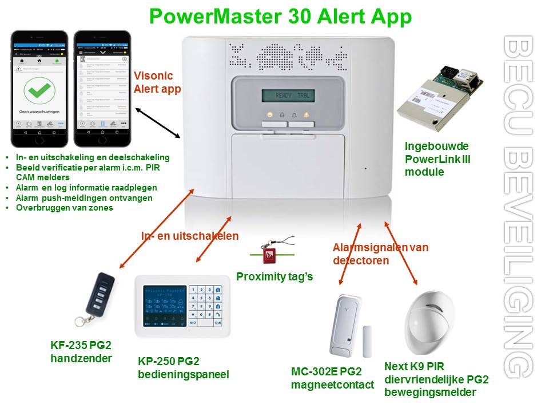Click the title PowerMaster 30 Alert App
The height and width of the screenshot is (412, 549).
point(280,17)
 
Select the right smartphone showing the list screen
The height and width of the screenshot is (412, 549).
point(102,89)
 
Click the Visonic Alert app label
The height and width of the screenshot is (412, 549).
point(157,82)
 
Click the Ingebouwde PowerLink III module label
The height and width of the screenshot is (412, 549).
point(437,159)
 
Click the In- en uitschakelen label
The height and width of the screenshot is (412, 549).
point(190,236)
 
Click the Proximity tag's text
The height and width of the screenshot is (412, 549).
point(274,277)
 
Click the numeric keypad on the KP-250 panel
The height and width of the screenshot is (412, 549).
point(206,306)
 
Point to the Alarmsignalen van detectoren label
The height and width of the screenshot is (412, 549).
point(380,253)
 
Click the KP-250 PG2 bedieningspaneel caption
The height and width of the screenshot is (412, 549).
point(183,368)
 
